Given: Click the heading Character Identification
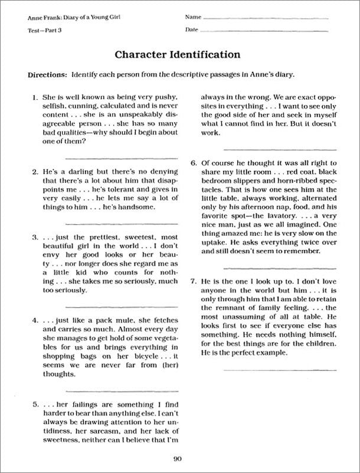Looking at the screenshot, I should (177, 55).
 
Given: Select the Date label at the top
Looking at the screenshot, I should (191, 29).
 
